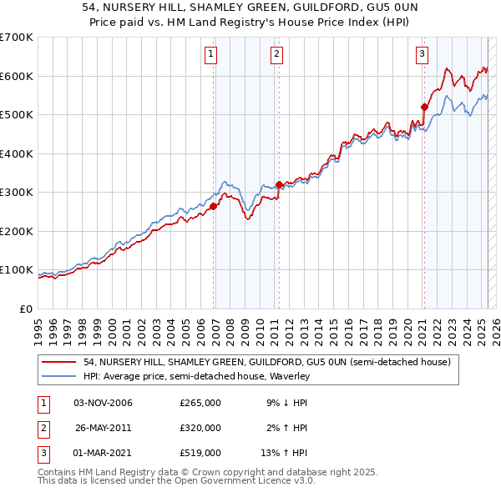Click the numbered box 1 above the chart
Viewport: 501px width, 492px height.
click(x=210, y=55)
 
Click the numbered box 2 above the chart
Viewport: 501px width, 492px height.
click(x=276, y=55)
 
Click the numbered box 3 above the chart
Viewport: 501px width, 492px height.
click(x=422, y=55)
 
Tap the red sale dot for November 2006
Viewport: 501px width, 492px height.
click(x=214, y=206)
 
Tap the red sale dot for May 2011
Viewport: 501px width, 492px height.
click(x=279, y=185)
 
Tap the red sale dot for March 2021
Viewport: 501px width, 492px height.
click(x=424, y=107)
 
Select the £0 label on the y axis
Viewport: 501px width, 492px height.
click(x=25, y=309)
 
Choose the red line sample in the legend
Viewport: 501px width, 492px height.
click(x=59, y=362)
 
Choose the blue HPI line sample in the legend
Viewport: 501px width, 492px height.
click(x=59, y=376)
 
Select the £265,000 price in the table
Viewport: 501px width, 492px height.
click(x=200, y=403)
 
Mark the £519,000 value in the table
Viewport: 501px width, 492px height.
click(x=200, y=453)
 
